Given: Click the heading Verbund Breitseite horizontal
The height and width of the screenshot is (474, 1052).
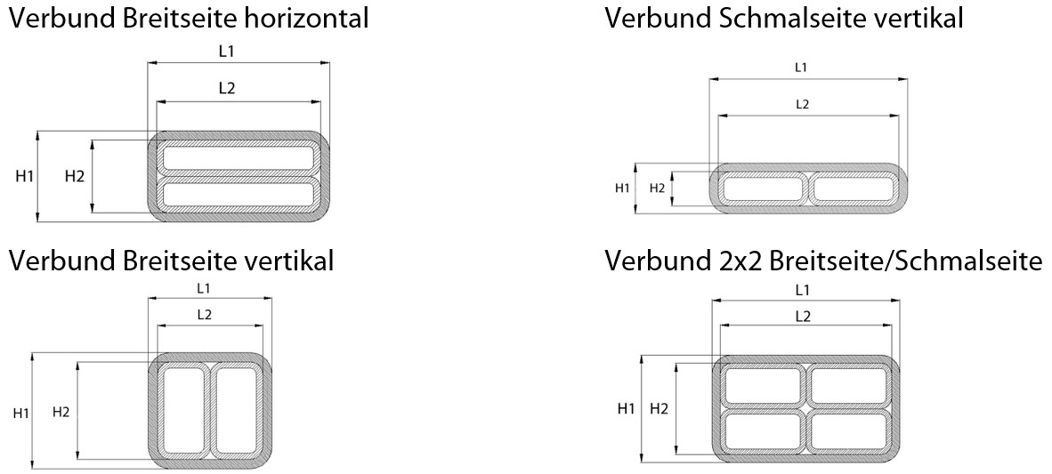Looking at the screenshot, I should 189,18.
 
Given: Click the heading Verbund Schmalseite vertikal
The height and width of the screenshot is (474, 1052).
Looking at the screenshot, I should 783,18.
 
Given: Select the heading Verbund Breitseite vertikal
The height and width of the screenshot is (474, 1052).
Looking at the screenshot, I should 172,261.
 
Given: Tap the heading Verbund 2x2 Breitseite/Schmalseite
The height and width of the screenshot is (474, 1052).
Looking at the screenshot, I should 823,261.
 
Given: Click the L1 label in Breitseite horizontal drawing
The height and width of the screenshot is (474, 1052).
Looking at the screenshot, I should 227,52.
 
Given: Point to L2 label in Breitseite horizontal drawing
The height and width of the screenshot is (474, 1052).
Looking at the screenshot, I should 227,88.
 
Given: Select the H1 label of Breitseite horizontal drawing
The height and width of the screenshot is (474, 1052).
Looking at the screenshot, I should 24,176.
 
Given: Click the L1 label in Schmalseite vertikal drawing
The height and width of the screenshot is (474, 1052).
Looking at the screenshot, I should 800,67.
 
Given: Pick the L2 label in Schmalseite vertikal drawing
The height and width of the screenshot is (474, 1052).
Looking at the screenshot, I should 801,104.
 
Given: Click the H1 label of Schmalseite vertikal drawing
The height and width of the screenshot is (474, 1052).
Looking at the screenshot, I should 622,188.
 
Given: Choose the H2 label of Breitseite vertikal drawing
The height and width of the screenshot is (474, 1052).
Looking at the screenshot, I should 61,411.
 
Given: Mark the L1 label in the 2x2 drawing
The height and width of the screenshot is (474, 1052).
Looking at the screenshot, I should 802,290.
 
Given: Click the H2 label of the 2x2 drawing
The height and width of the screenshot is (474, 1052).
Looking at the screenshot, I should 660,408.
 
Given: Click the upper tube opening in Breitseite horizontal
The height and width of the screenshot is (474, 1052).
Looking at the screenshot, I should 238,158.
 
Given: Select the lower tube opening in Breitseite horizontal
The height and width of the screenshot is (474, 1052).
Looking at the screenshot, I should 238,193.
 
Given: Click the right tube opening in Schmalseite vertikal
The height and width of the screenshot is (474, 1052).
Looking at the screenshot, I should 854,189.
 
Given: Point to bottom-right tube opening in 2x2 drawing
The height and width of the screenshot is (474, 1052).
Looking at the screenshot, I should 846,430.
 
